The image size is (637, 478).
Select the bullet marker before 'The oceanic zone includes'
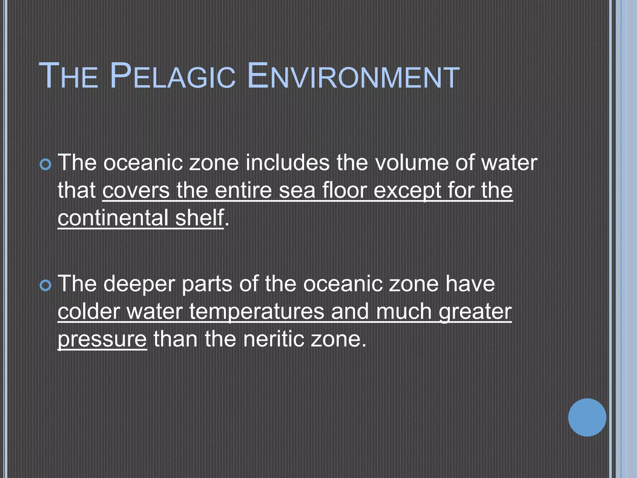[46, 164]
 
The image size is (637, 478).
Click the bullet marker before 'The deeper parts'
[46, 285]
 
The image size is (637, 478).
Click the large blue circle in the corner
[587, 417]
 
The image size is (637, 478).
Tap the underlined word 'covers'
[136, 190]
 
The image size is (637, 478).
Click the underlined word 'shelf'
[199, 218]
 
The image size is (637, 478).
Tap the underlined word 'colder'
[89, 312]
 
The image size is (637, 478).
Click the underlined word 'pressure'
[102, 340]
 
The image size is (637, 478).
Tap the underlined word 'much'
[404, 312]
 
